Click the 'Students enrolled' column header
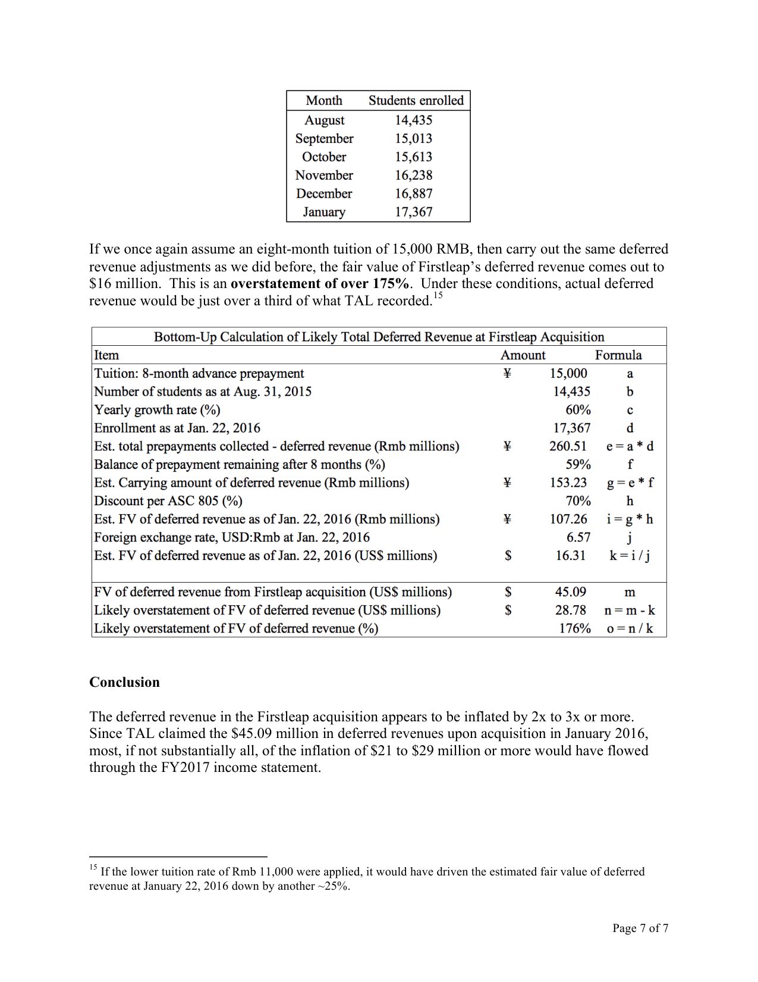coord(416,101)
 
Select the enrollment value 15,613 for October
coord(414,157)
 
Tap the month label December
coord(324,193)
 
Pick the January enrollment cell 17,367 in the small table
coord(414,212)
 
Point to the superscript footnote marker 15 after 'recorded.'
coord(438,296)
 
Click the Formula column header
coord(618,355)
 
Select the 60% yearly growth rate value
coord(578,410)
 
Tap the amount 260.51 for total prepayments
coord(568,446)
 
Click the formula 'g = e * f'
coord(630,483)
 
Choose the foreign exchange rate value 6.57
coord(578,537)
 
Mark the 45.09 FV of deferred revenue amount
coord(570,592)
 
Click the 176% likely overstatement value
coord(574,628)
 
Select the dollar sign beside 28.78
coord(508,610)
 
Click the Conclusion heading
coord(124,682)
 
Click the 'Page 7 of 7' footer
coord(640,928)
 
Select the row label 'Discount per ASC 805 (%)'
coord(168,501)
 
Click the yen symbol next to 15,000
coord(507,374)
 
